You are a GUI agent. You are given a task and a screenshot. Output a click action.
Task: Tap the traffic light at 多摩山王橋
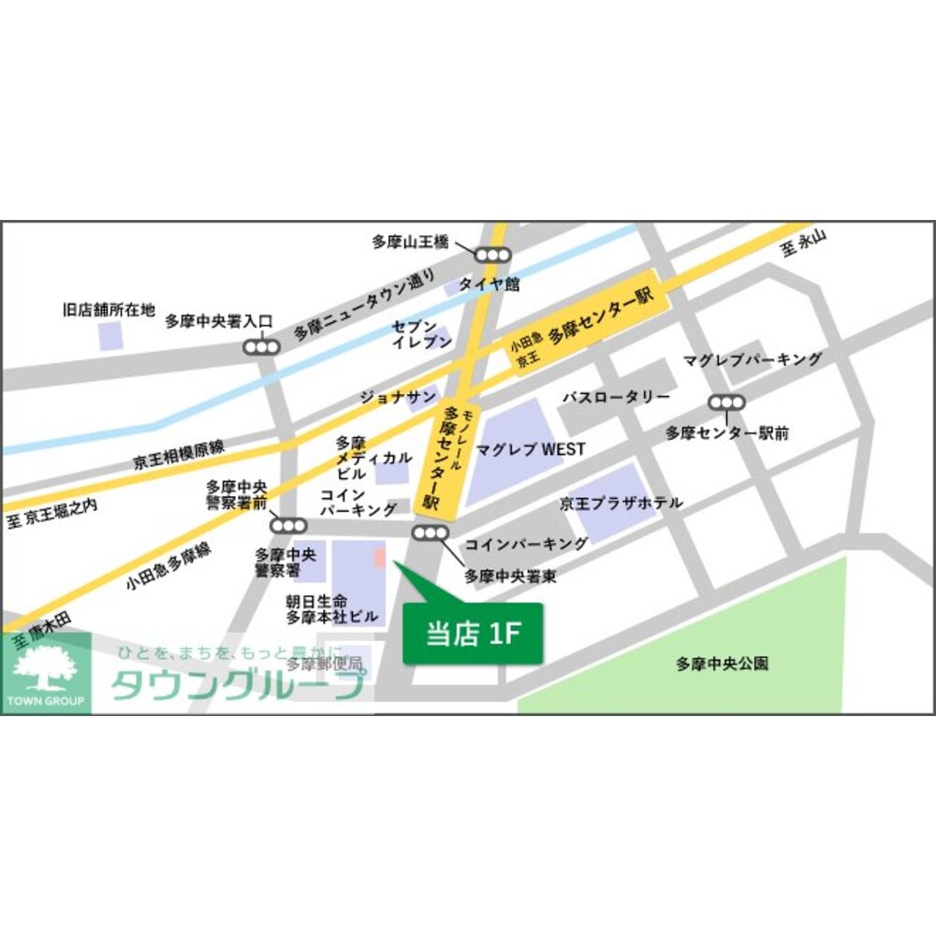491,255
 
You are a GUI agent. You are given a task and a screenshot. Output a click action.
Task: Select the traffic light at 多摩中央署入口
261,347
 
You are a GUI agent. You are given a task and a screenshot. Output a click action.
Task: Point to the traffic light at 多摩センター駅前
726,402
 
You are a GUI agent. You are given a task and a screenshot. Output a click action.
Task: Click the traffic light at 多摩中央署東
431,534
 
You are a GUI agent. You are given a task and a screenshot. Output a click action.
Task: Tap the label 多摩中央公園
722,664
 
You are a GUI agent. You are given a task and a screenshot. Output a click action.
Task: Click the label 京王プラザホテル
621,504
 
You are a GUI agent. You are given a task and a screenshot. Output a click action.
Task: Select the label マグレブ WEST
531,449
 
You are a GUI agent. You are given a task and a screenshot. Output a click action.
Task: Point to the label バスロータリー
615,397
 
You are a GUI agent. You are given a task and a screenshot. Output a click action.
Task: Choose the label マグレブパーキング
753,359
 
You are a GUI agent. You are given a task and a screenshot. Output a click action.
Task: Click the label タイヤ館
489,284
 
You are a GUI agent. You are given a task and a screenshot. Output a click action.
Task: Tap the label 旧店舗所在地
109,309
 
